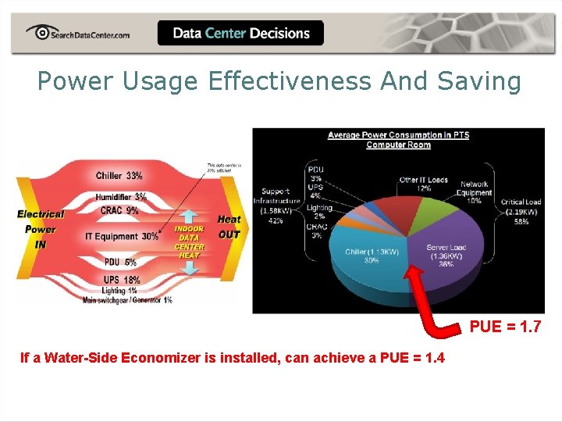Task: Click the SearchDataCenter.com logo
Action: click(77, 33)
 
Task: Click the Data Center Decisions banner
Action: click(240, 34)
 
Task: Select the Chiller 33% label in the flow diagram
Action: click(119, 176)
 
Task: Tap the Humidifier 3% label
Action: click(121, 197)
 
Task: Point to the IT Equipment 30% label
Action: click(122, 236)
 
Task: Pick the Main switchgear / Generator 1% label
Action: click(128, 300)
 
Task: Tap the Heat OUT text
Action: click(229, 227)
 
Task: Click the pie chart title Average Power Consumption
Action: click(398, 139)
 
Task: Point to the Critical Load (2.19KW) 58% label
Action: click(521, 211)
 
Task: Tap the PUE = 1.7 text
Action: click(504, 327)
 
